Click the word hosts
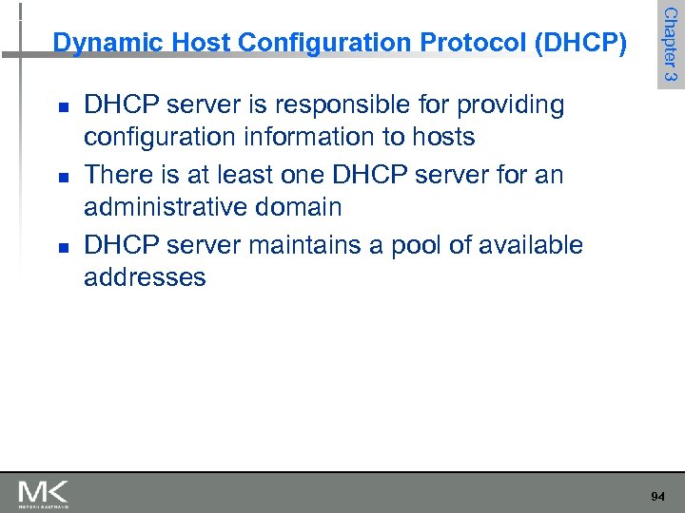(x=441, y=138)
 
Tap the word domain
(x=302, y=207)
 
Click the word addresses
(x=145, y=277)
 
